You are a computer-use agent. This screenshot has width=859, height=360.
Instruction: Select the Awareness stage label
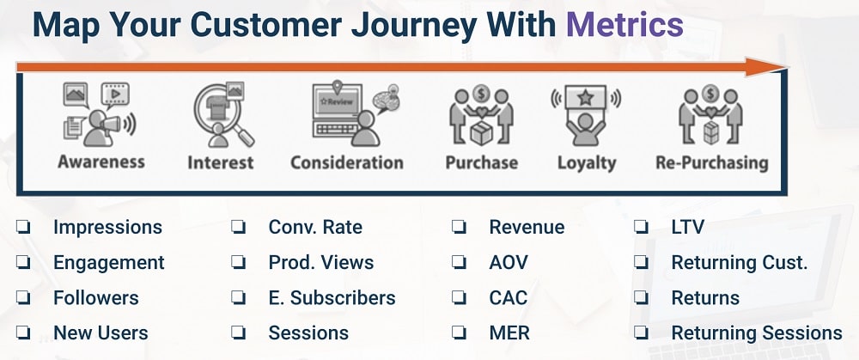(101, 162)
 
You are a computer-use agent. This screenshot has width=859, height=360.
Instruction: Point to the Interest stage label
(221, 162)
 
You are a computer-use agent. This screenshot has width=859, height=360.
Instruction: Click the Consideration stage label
(346, 162)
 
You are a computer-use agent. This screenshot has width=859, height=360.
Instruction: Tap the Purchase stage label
(481, 162)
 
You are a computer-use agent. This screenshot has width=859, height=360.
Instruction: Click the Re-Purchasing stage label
(711, 162)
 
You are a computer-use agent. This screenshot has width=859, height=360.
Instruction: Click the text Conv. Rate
(315, 228)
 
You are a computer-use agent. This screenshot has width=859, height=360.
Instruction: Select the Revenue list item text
(527, 228)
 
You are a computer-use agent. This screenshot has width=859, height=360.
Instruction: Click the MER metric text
(509, 333)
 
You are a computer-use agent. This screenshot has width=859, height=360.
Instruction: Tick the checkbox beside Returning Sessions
(642, 333)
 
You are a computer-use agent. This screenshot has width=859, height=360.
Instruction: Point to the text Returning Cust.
(740, 263)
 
